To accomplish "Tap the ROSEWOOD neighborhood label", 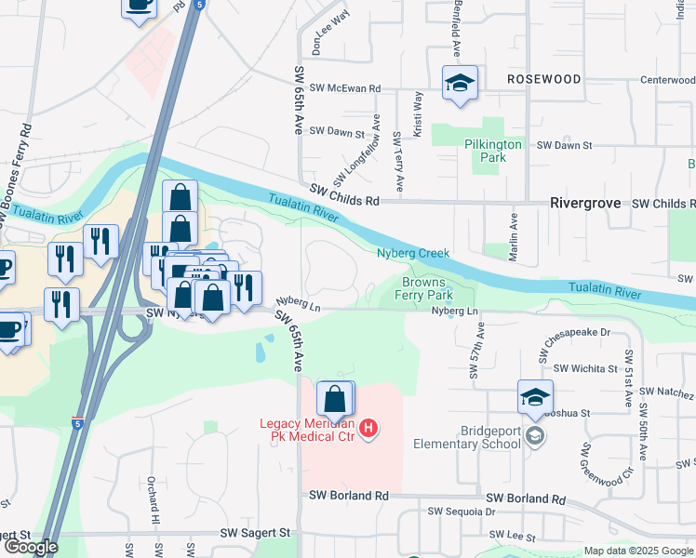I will pos(544,80).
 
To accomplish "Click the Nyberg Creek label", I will pos(413,253).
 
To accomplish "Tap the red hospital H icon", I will pos(368,428).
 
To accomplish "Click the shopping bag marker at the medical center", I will pos(335,399).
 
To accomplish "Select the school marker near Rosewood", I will pos(460,83).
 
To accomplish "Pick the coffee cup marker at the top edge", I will pos(140,6).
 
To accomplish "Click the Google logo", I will pos(30,547).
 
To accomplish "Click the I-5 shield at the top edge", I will pos(202,6).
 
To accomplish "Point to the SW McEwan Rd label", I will pos(350,88).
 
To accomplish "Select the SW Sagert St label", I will pos(255,534).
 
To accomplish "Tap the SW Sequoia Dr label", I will pos(461,511).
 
